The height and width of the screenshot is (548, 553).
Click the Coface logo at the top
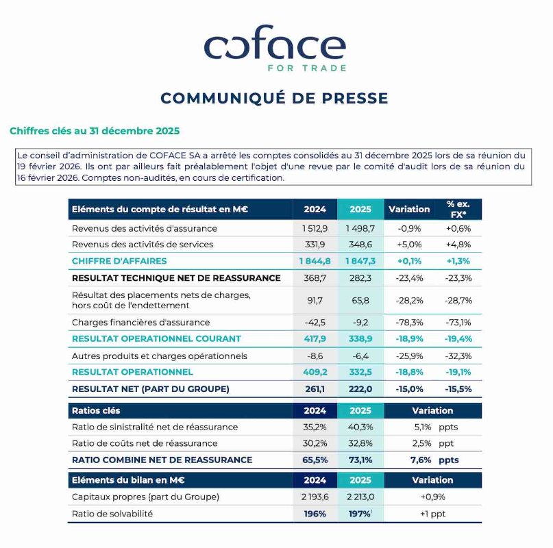pyautogui.click(x=275, y=48)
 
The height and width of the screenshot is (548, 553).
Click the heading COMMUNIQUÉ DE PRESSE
pyautogui.click(x=275, y=98)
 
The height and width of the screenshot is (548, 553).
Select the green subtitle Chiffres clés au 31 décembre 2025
pyautogui.click(x=95, y=130)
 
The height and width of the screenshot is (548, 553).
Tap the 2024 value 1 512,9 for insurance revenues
pyautogui.click(x=315, y=228)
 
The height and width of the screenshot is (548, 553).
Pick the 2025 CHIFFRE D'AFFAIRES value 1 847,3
pyautogui.click(x=360, y=261)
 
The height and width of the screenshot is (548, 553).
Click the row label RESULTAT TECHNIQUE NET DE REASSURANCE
pyautogui.click(x=176, y=278)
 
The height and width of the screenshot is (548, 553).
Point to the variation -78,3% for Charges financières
pyautogui.click(x=409, y=322)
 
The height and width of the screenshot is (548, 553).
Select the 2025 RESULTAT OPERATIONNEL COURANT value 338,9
pyautogui.click(x=360, y=338)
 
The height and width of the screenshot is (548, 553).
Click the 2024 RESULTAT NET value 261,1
pyautogui.click(x=315, y=389)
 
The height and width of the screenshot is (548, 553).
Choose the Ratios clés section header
pyautogui.click(x=96, y=410)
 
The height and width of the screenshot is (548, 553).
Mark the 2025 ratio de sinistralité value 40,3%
pyautogui.click(x=360, y=427)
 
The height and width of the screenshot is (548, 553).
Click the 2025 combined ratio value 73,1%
pyautogui.click(x=360, y=460)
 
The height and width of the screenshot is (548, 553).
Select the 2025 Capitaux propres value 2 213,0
pyautogui.click(x=360, y=497)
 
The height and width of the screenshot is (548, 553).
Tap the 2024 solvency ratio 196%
pyautogui.click(x=315, y=514)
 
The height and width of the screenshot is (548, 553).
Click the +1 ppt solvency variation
pyautogui.click(x=432, y=514)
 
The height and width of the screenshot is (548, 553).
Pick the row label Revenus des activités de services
pyautogui.click(x=143, y=245)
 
